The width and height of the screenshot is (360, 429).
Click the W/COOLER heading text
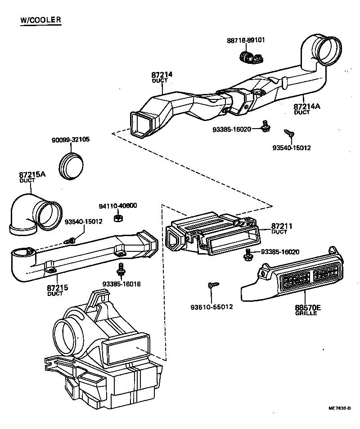click(40, 20)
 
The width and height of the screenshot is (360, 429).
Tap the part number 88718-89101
click(246, 40)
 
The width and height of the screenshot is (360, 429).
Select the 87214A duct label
click(307, 107)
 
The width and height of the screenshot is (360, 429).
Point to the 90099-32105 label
click(70, 139)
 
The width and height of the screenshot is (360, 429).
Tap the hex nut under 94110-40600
click(118, 218)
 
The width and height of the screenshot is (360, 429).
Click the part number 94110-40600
click(118, 206)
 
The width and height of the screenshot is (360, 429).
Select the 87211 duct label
click(282, 227)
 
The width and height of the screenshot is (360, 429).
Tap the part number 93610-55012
click(211, 307)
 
